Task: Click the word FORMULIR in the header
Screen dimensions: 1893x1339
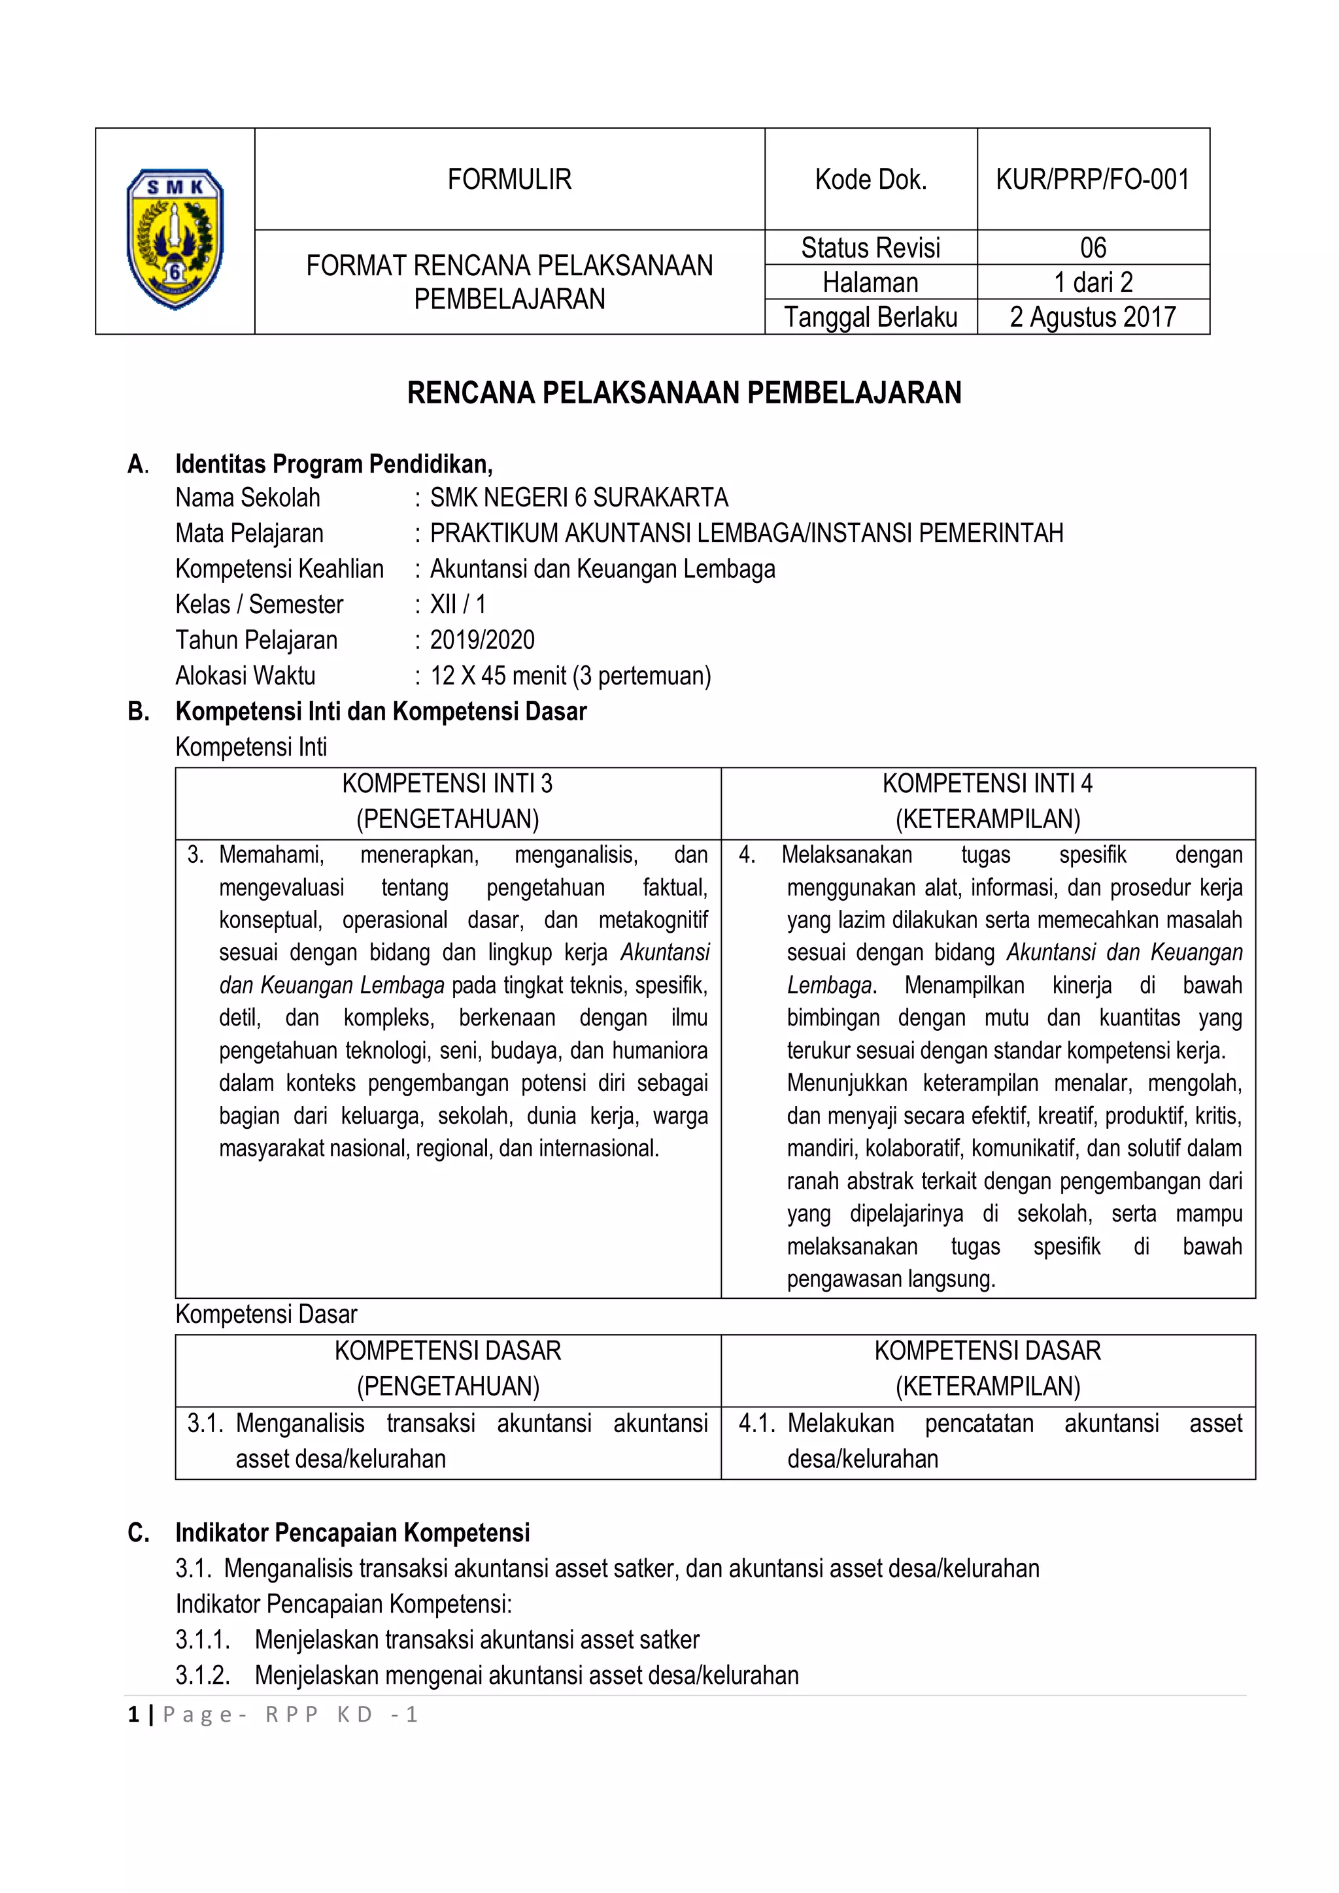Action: coord(509,179)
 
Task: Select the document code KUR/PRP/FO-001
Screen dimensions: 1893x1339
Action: coord(1093,179)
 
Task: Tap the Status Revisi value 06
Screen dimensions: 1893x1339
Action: coord(1093,247)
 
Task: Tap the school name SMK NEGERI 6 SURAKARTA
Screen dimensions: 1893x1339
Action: coord(579,498)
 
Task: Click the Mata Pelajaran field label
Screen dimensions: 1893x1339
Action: coord(249,533)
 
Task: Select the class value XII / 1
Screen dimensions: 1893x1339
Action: coord(458,605)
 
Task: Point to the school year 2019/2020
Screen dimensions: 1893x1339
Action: coord(483,640)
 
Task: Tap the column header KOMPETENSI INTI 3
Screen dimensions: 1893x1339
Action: coord(447,783)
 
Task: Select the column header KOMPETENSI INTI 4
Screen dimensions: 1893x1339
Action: coord(987,783)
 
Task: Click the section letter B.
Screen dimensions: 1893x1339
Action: coord(139,712)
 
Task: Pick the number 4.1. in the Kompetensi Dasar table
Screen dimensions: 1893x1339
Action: coord(756,1423)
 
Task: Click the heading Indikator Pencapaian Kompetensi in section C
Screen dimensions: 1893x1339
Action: coord(352,1533)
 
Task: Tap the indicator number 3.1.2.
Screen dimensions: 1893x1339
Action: coord(202,1675)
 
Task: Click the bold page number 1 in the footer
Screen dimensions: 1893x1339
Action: coord(133,1715)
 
